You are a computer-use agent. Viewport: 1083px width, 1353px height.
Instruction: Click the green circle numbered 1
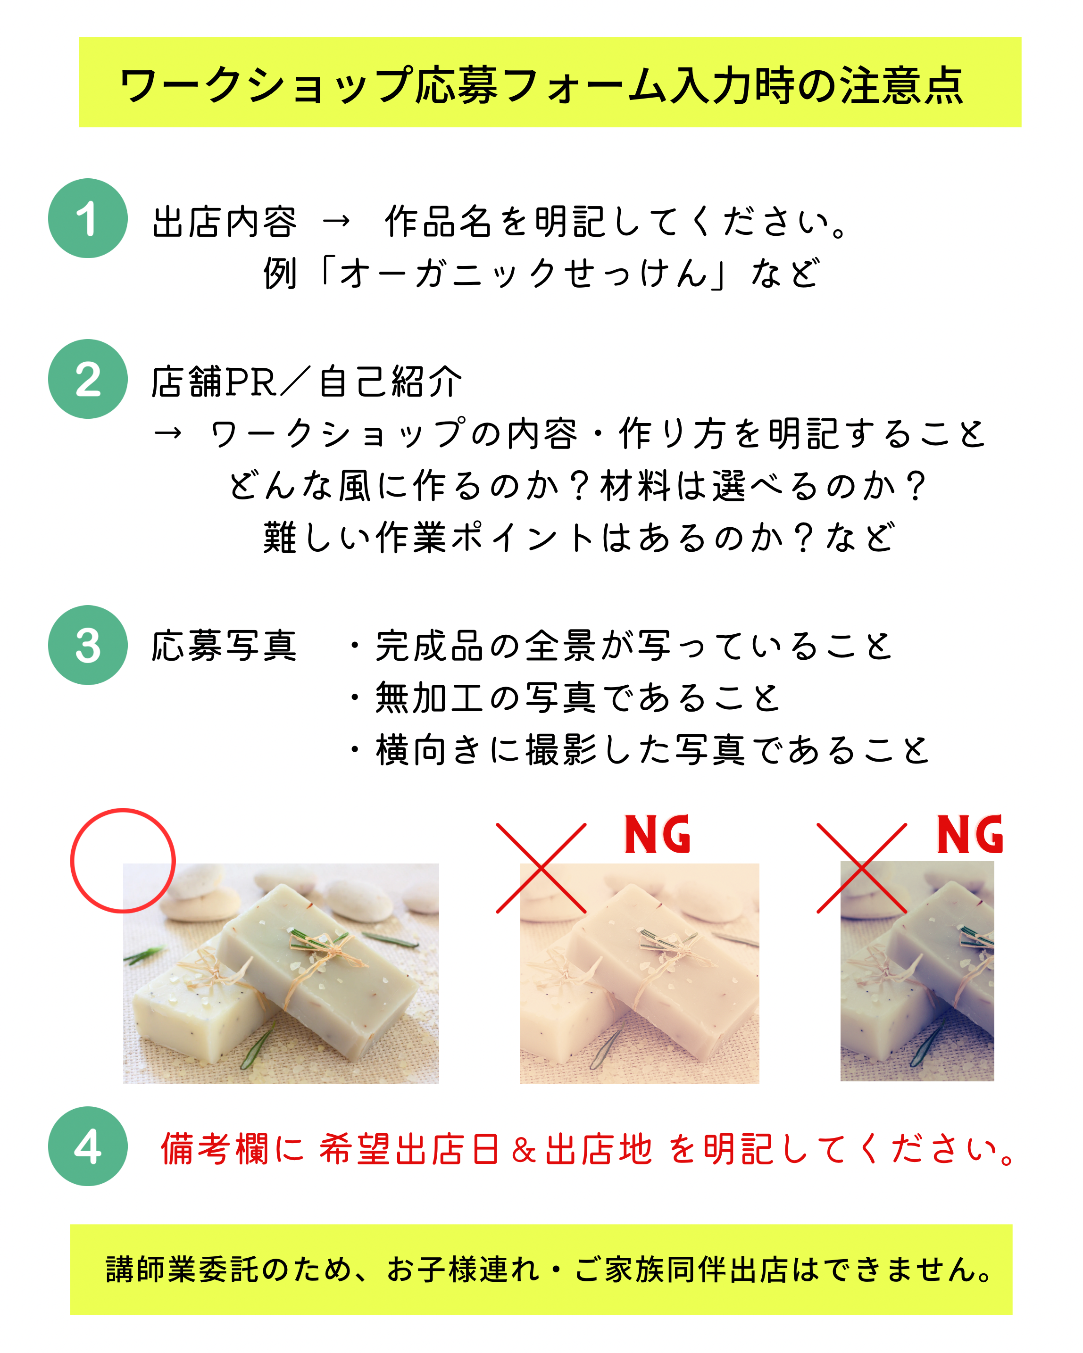88,218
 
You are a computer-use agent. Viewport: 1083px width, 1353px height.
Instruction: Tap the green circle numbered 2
88,379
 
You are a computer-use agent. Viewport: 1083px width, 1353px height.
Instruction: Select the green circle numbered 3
88,645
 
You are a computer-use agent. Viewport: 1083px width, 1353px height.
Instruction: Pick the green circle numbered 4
88,1146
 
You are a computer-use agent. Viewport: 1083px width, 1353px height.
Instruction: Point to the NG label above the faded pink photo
658,835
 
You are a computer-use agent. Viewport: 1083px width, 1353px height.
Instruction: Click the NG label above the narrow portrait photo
970,835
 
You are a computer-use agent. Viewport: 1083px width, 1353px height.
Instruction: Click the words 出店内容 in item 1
224,222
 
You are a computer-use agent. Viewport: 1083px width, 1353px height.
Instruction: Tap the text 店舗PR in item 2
214,382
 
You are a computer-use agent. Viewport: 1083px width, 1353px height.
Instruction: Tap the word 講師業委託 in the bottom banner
182,1269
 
